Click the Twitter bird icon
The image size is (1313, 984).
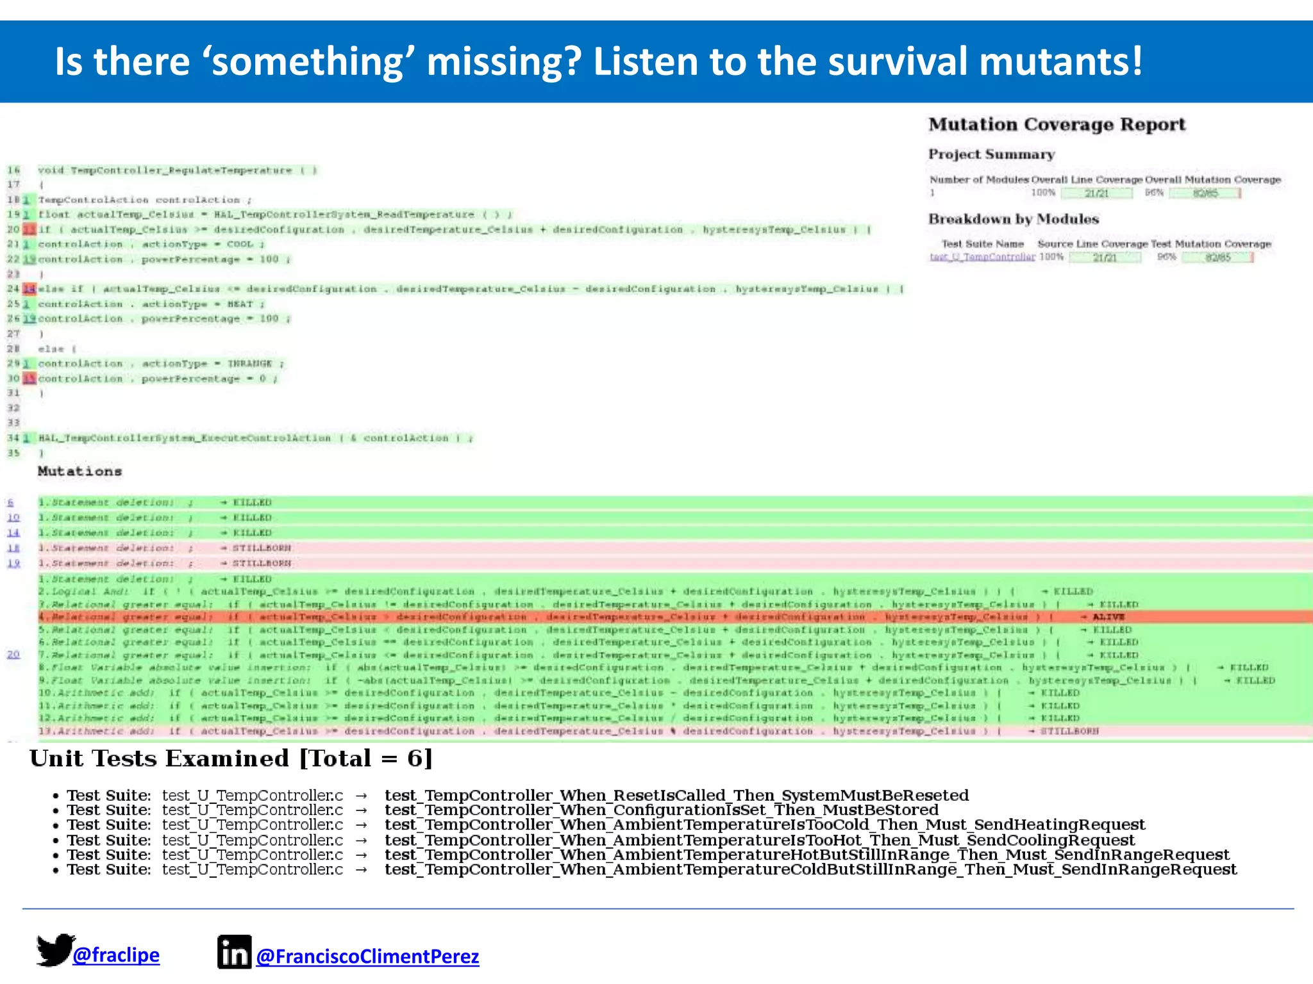click(55, 949)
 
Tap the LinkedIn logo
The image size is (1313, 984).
click(234, 952)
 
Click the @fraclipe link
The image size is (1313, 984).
click(116, 955)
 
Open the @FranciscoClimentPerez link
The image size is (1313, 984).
click(367, 956)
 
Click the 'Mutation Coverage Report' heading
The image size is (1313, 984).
click(1057, 124)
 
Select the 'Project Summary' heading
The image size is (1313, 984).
click(991, 154)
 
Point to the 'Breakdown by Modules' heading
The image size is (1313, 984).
click(1014, 219)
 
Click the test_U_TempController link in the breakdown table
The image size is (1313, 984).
click(982, 257)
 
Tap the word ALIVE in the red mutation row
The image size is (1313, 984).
click(1108, 617)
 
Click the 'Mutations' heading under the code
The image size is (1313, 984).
click(79, 471)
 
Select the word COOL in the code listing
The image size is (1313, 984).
click(240, 244)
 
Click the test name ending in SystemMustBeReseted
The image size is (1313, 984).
click(676, 796)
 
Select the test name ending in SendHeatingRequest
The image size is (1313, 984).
click(764, 825)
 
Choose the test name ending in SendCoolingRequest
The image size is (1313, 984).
click(759, 840)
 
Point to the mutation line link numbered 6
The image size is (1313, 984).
click(11, 502)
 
